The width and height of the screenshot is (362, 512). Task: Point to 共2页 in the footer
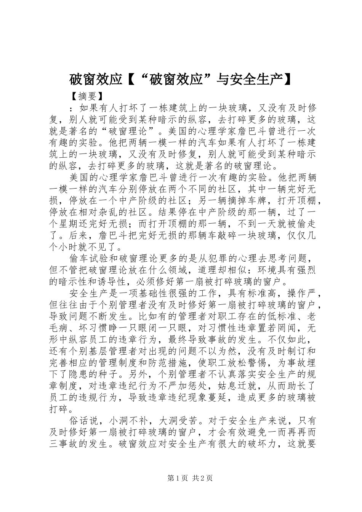coord(202,478)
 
